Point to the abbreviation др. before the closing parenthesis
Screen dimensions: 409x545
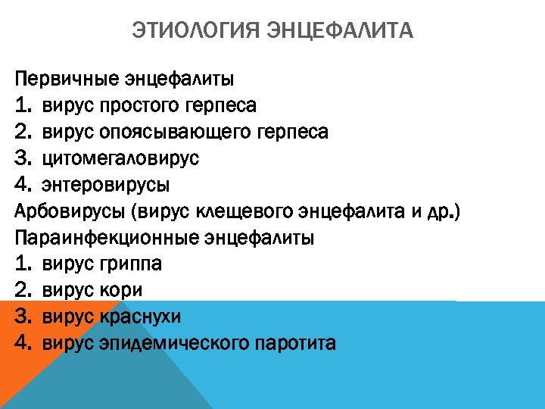[x=441, y=211]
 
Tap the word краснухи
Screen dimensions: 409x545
[x=140, y=317]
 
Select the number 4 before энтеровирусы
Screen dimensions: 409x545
[x=21, y=185]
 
